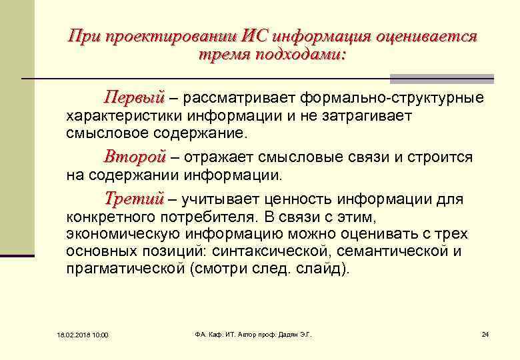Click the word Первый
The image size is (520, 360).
tap(134, 99)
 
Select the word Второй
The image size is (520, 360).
tap(134, 158)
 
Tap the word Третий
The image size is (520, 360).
tap(134, 199)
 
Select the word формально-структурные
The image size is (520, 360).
tap(392, 99)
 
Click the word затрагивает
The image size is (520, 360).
tap(366, 116)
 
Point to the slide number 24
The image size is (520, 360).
tap(485, 333)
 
